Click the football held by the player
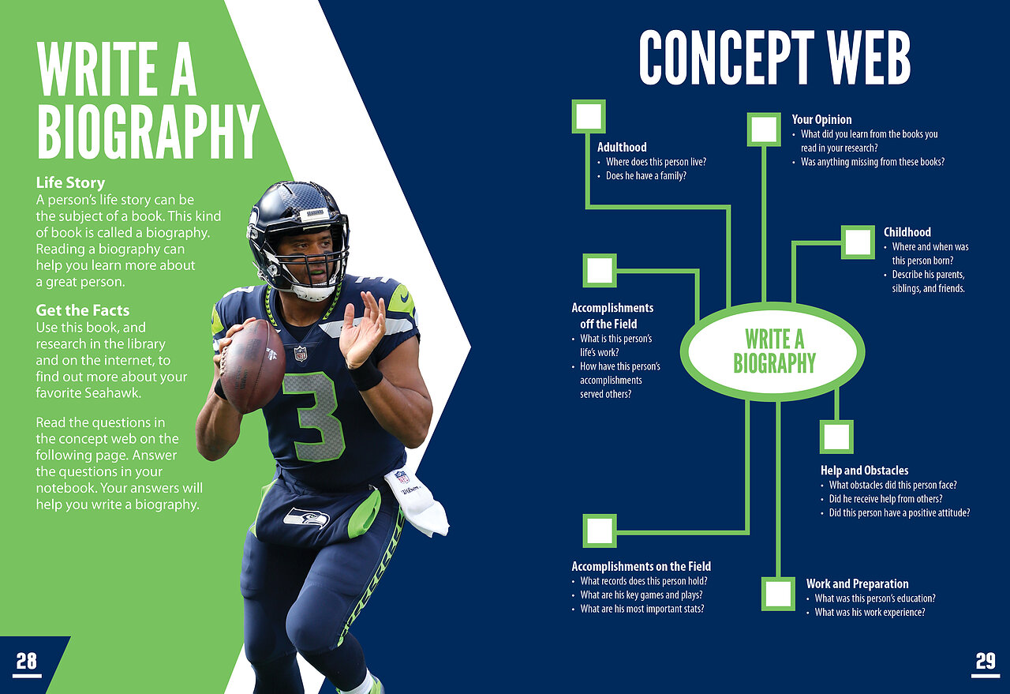click(x=252, y=366)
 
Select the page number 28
click(x=27, y=661)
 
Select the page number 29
click(x=986, y=661)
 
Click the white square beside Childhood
click(x=858, y=242)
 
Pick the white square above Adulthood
click(x=589, y=116)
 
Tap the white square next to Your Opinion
click(x=764, y=129)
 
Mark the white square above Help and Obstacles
click(x=836, y=437)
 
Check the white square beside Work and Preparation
click(x=778, y=594)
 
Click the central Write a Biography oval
click(x=772, y=351)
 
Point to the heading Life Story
click(x=70, y=182)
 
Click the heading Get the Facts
click(x=83, y=310)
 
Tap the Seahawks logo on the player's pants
click(x=307, y=518)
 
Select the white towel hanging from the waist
click(x=417, y=501)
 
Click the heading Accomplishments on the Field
click(x=642, y=566)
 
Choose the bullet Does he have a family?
click(x=645, y=176)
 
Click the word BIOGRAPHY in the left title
click(x=148, y=132)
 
